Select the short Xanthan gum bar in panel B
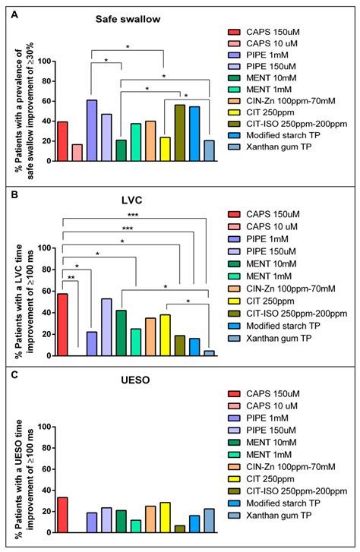208,352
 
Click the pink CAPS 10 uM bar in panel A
77,153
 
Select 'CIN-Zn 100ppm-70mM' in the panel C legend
291,465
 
